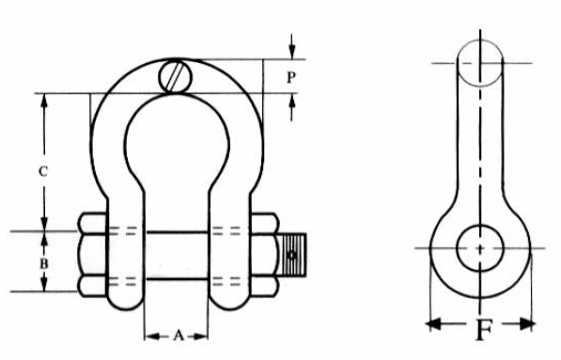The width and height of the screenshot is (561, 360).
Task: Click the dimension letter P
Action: pos(291,77)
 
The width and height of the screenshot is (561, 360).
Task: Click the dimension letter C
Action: pos(43,172)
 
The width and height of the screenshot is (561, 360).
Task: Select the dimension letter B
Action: pos(43,264)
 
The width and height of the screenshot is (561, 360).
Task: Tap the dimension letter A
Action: pos(179,336)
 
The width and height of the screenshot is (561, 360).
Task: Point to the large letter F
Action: pos(484,329)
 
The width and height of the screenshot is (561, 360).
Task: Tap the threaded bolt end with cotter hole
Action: pos(292,255)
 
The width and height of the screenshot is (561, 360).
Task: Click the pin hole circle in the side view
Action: pos(480,248)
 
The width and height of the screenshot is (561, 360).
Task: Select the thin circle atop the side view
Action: pos(480,63)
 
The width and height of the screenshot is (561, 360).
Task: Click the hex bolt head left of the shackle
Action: pos(92,255)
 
